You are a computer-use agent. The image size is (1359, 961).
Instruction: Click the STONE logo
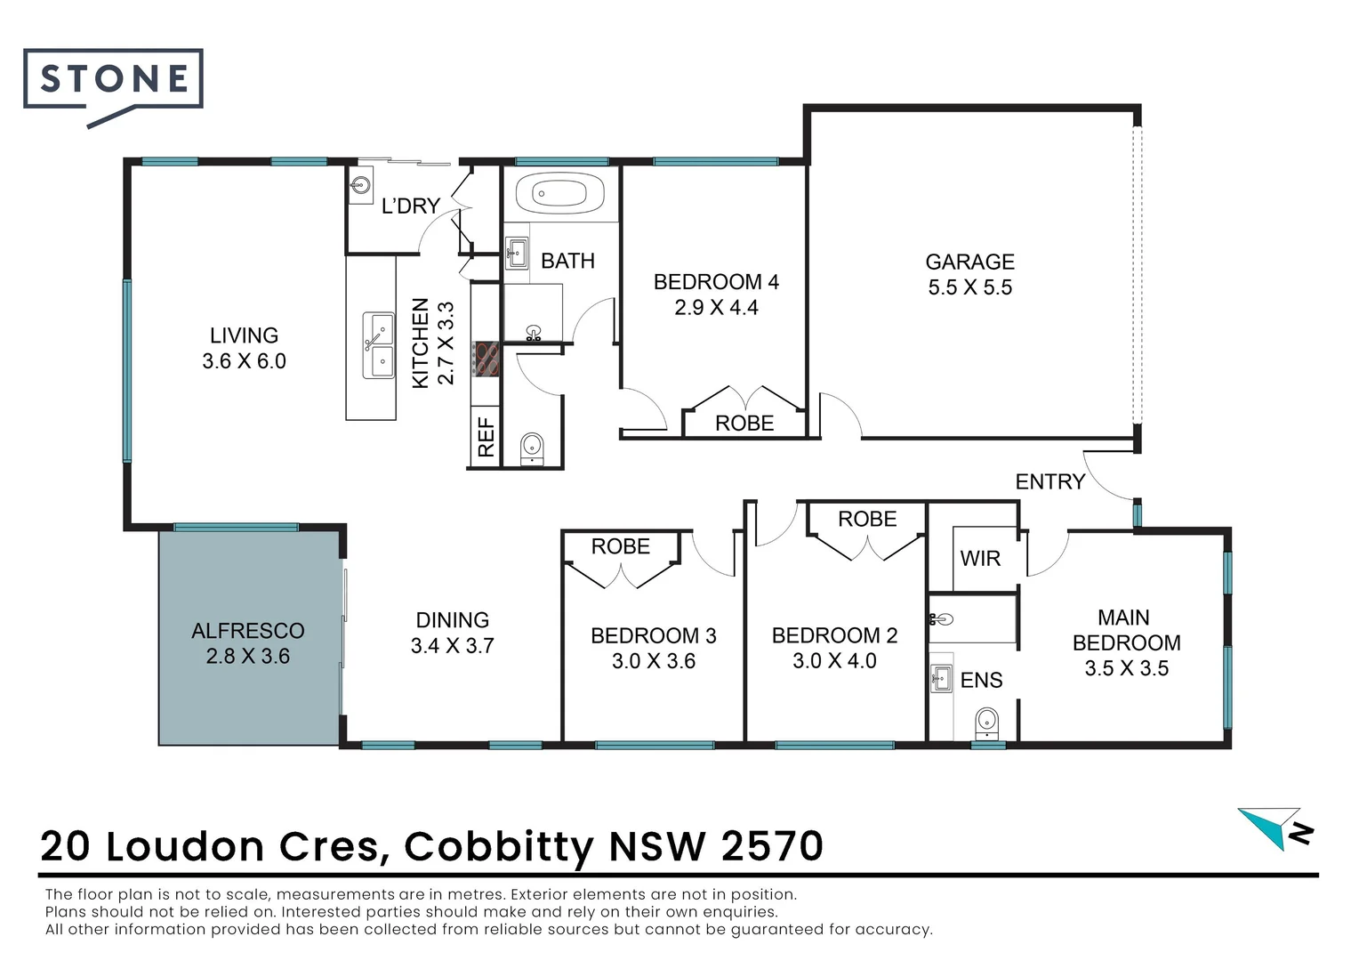click(x=114, y=80)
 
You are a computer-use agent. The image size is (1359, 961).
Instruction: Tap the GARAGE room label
click(x=969, y=262)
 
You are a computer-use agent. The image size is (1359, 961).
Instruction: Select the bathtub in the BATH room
click(x=559, y=192)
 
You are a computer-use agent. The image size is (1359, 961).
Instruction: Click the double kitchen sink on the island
click(x=378, y=345)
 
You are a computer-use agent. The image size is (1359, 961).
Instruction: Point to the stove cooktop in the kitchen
click(x=487, y=359)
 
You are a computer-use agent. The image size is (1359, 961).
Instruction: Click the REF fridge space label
click(x=486, y=437)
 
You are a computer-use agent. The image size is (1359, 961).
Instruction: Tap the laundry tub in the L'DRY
click(x=361, y=186)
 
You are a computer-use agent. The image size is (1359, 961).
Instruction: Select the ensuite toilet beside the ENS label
click(x=985, y=722)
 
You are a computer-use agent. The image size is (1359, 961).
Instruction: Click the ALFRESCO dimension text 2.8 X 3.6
click(x=247, y=657)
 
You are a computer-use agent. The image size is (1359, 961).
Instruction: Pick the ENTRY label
click(x=1050, y=481)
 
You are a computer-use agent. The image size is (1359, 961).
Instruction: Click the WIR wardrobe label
click(x=980, y=559)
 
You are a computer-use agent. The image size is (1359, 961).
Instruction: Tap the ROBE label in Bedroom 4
click(x=744, y=424)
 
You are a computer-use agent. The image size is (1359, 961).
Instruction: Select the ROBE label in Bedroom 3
click(x=620, y=546)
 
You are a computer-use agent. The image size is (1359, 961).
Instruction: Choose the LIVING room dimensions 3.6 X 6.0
click(x=244, y=361)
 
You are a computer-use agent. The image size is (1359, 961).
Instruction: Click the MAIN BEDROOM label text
click(x=1126, y=630)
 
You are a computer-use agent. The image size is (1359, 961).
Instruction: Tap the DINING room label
click(x=452, y=620)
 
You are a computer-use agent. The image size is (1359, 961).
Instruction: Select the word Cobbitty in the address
click(x=499, y=846)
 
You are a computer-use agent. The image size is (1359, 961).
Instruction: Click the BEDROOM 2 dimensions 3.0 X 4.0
click(x=834, y=661)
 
